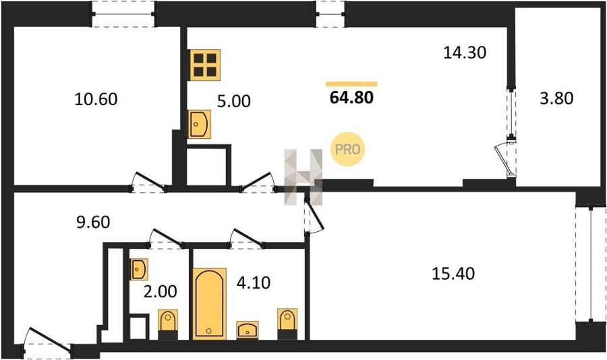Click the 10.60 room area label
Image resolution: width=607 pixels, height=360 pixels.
96,99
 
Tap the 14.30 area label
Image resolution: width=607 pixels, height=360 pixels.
465,53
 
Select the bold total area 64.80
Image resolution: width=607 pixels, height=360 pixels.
351,97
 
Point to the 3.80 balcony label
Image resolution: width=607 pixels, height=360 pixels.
556,98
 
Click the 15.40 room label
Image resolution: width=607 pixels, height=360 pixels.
453,274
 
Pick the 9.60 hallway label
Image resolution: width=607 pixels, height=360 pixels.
93,222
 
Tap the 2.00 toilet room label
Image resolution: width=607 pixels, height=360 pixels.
161,291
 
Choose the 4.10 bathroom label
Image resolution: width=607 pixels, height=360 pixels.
254,282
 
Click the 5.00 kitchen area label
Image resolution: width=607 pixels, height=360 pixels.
234,101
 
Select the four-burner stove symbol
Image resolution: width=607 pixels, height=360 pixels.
205,65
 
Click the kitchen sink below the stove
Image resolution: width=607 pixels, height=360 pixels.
200,124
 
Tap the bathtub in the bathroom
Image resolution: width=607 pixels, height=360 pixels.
210,303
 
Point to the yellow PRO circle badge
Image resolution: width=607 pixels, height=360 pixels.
347,149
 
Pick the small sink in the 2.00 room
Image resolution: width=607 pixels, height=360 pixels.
138,269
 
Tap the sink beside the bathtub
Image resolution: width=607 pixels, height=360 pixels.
248,330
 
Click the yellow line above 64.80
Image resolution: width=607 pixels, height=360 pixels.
351,84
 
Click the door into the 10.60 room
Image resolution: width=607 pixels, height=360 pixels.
150,181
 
